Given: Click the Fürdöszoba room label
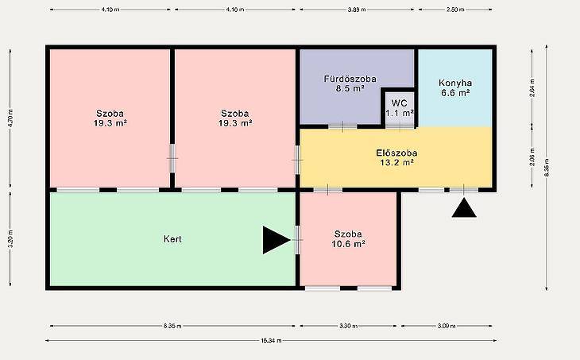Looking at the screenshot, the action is coord(350,79).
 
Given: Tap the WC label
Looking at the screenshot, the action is coord(399,103).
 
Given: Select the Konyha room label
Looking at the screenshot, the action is coord(455,83).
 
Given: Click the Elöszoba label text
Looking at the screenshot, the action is coord(396,153).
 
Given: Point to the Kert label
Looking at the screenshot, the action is coord(172,239).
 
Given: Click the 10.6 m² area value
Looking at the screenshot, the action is coord(349,244).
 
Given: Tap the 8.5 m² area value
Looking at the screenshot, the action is coord(350,88).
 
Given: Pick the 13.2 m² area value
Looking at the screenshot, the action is coord(396,162).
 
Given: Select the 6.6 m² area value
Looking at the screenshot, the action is coord(455,93).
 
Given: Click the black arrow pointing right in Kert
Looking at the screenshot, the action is coord(276,240).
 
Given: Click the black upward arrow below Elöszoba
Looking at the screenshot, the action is coord(464,208).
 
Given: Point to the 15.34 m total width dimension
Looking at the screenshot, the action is coord(271,340).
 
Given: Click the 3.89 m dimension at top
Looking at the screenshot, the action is coord(357,10).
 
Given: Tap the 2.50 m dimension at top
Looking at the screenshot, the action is coord(455,10).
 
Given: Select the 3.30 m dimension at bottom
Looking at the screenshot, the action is coord(349,326).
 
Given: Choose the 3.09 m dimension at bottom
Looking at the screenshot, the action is coord(447,326).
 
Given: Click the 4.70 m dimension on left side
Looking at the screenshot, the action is coord(10,118).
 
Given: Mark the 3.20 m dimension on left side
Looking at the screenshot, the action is coord(10,239).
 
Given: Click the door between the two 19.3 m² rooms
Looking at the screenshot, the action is coord(172,158).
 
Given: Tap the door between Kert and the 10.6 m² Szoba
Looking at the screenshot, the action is coord(297,240).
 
